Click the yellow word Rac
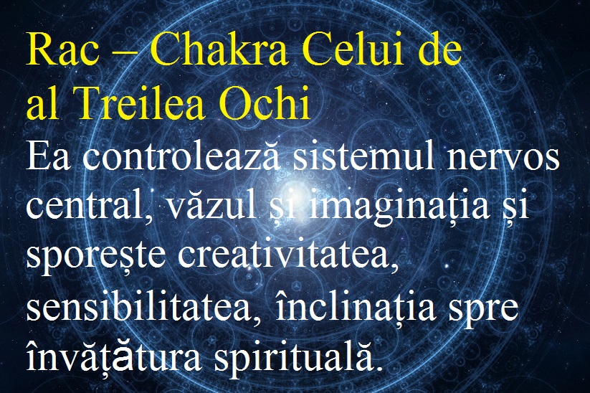(x=63, y=49)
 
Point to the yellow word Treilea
(x=141, y=102)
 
